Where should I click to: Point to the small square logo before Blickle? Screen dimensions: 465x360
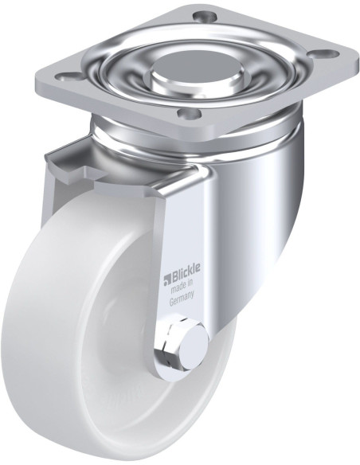pos(168,278)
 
